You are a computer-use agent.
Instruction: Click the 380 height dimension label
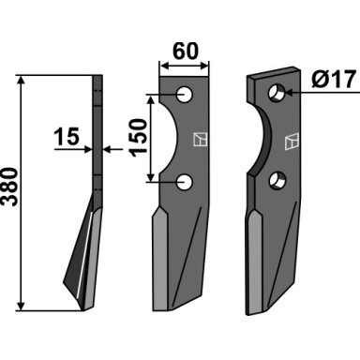(8, 187)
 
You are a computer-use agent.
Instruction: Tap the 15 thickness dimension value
(67, 137)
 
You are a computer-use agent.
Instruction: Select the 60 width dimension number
(186, 51)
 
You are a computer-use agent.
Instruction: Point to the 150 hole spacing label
(139, 138)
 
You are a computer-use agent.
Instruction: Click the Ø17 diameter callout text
(334, 79)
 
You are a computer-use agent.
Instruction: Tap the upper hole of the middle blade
(185, 95)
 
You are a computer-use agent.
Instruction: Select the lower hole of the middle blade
(185, 182)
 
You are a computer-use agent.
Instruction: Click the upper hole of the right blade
(277, 93)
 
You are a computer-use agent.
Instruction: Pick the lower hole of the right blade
(277, 181)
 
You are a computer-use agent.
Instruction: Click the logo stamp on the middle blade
(201, 140)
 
